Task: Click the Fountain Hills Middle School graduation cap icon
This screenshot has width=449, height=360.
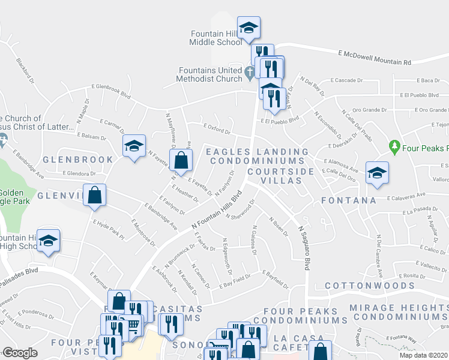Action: point(249,27)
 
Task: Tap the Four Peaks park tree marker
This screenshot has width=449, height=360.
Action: point(394,146)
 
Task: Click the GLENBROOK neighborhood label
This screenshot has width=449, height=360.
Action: point(78,160)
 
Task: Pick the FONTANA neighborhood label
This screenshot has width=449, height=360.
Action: point(349,200)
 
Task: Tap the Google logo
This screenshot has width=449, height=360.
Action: point(20,353)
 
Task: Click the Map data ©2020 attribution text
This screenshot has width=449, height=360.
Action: point(424,355)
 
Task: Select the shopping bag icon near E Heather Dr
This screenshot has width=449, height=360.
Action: point(181,160)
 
